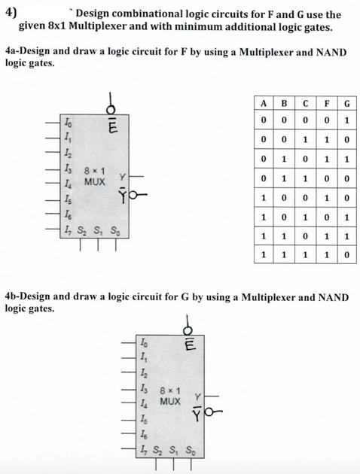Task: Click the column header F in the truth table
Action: (x=327, y=103)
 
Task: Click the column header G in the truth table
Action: (x=346, y=103)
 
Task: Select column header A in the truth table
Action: (x=264, y=103)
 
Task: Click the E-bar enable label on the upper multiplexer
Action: (x=112, y=126)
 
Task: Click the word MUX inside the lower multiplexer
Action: (x=170, y=402)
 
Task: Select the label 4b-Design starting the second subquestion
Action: (x=29, y=297)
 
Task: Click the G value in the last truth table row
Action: (x=346, y=255)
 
